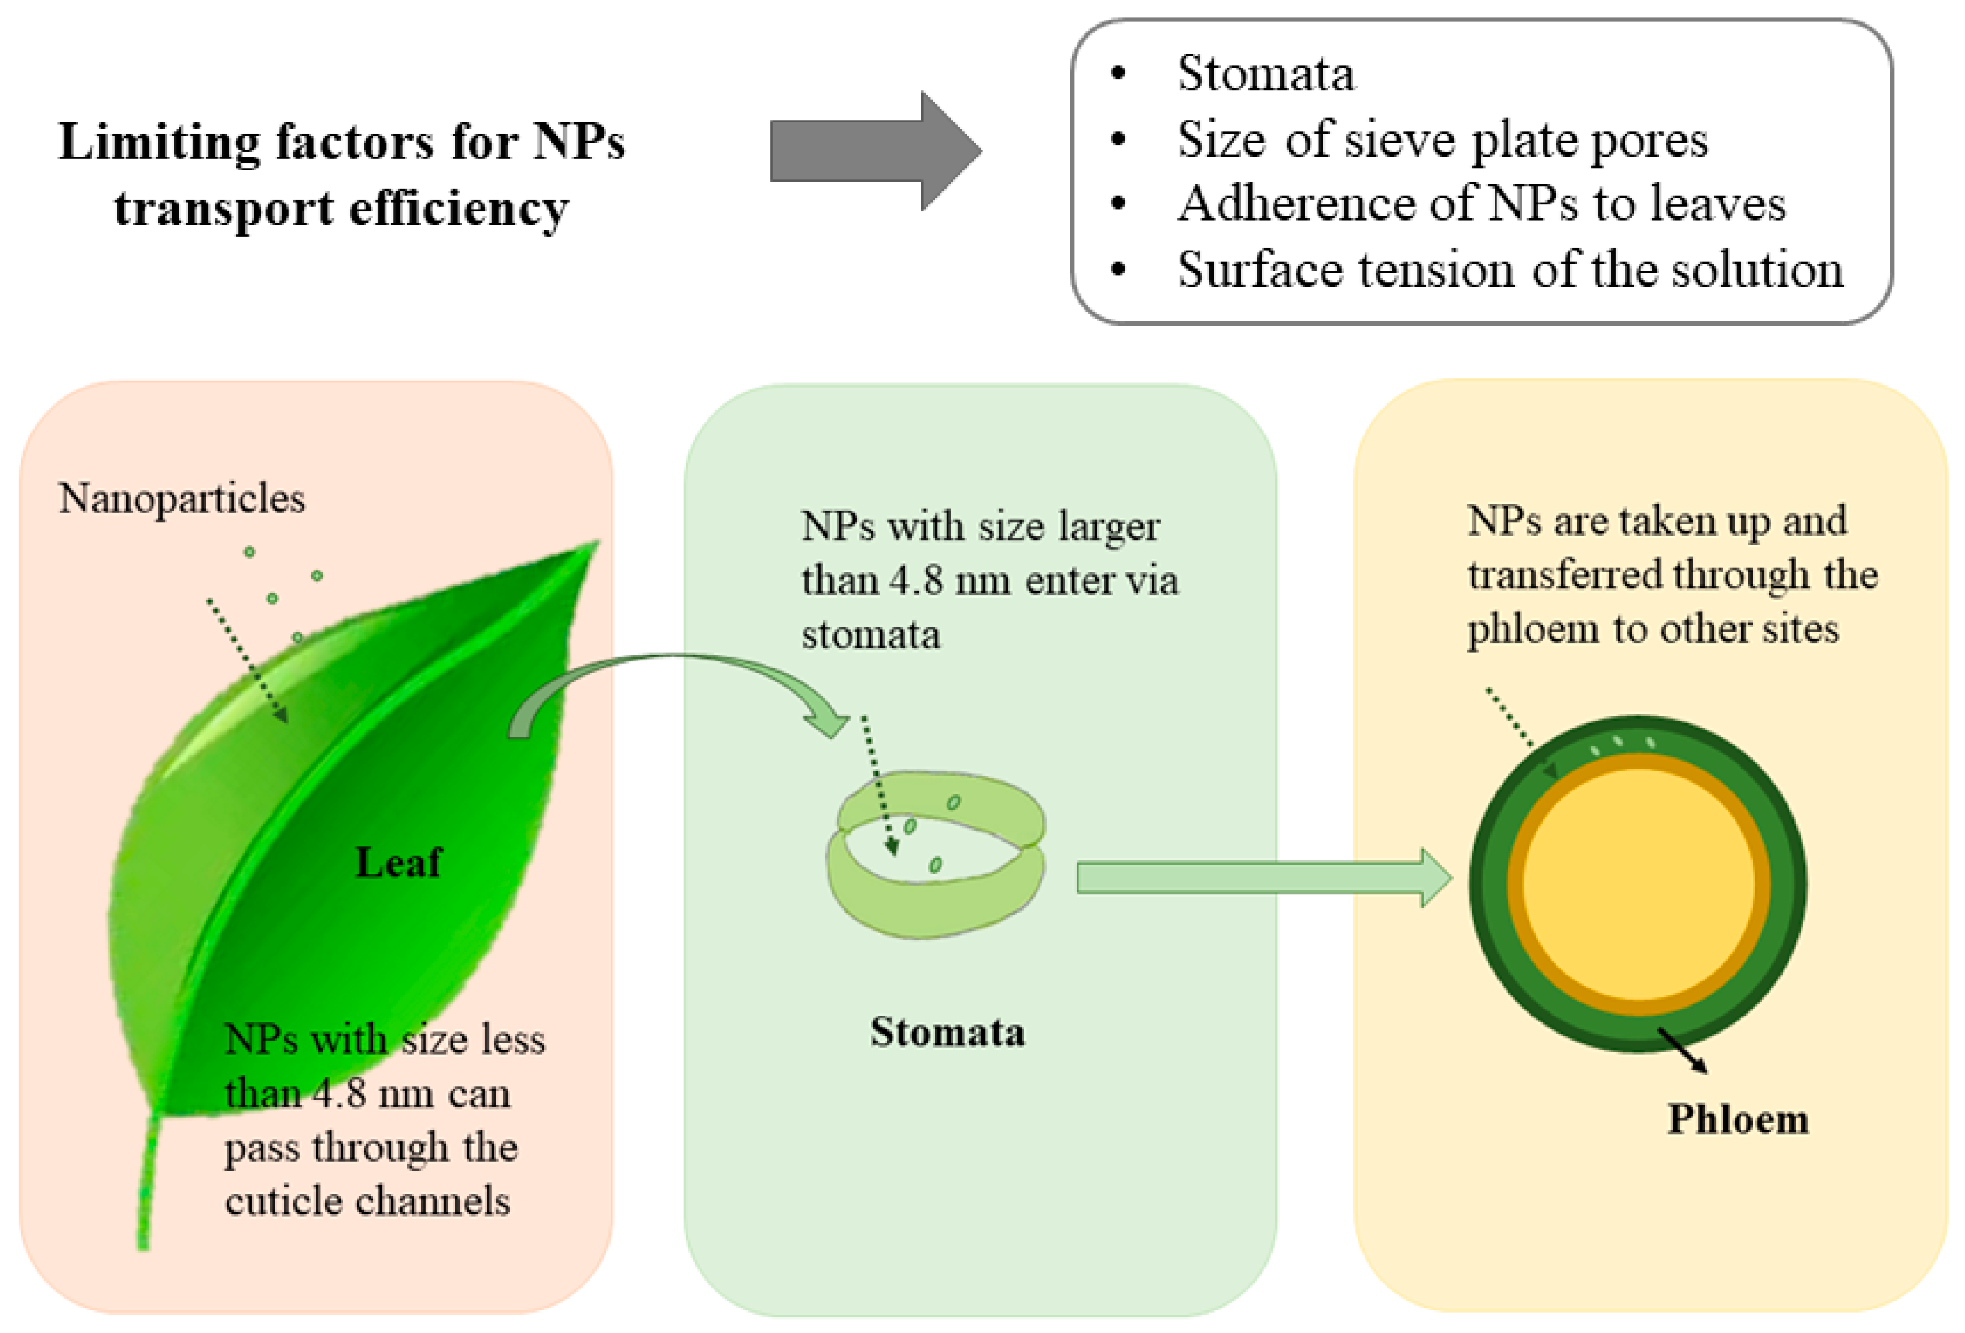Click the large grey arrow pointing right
871,150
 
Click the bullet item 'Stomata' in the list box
1265,74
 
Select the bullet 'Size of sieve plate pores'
1442,139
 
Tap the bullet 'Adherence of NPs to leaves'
1481,204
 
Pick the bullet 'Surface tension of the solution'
1509,271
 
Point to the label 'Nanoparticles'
182,499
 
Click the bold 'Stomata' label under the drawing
947,1032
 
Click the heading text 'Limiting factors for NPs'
342,142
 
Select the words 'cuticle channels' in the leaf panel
367,1201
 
